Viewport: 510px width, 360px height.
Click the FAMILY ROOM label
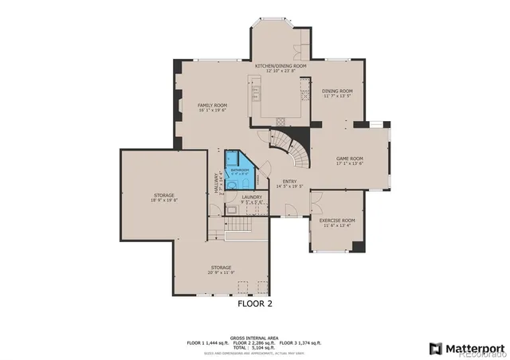[x=213, y=105]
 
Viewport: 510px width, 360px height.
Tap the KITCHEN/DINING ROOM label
[x=280, y=66]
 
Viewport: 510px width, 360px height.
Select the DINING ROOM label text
[x=337, y=91]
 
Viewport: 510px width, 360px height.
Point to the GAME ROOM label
[x=348, y=158]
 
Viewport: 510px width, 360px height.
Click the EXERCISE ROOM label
[x=337, y=220]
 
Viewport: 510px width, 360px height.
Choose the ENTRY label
[x=290, y=181]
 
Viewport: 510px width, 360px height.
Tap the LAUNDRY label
[x=252, y=197]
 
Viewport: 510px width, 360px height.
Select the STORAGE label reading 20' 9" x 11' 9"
[x=221, y=268]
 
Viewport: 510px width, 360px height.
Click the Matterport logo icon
[x=434, y=347]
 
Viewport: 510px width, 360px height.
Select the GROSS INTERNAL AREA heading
[x=254, y=338]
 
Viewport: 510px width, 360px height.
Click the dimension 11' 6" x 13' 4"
[x=337, y=225]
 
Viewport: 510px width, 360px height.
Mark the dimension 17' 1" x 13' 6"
[x=348, y=163]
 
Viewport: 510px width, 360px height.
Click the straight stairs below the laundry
[x=237, y=229]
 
